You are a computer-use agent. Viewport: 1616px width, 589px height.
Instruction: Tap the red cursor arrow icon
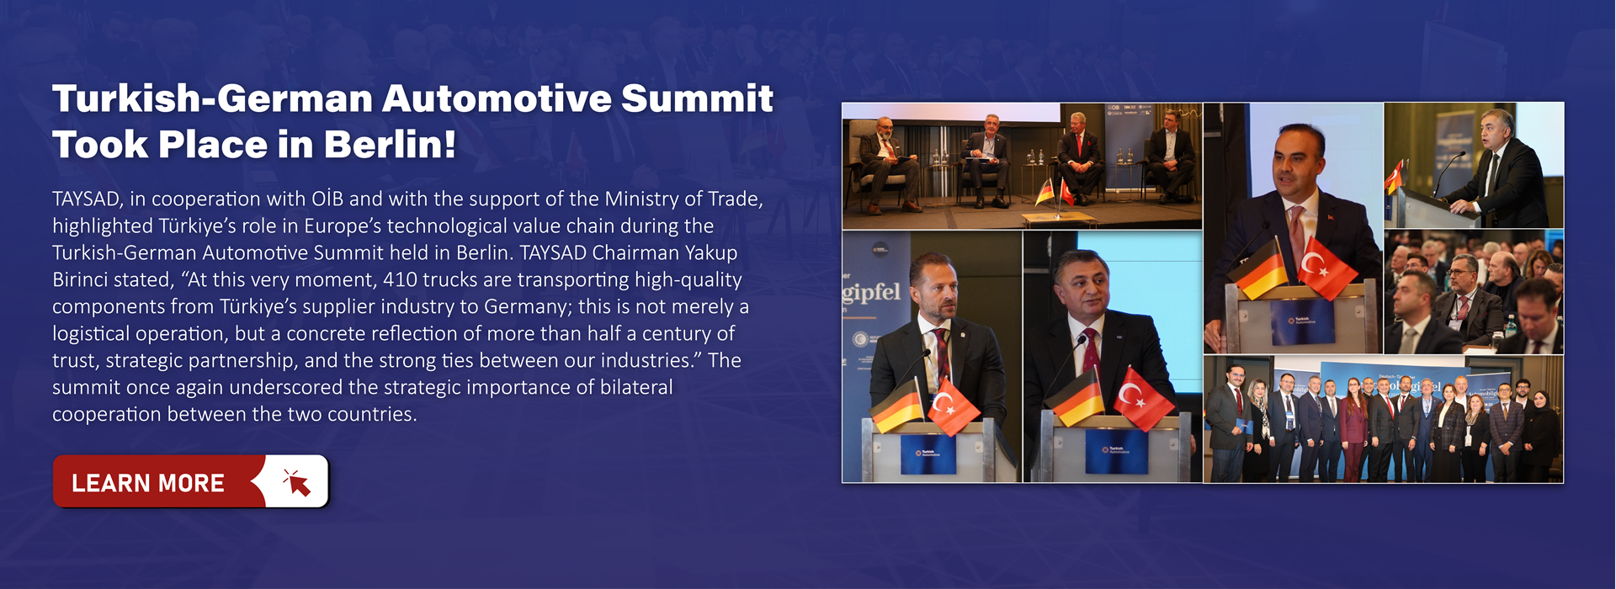(297, 482)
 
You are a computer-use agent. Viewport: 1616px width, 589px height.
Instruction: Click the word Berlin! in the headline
(390, 144)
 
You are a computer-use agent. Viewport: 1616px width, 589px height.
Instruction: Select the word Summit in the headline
(697, 98)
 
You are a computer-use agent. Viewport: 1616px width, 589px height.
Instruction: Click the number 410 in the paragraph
(400, 280)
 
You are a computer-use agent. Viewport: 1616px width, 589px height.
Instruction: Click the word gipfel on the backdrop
(871, 292)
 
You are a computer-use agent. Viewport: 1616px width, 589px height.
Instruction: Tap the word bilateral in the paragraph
(636, 388)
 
